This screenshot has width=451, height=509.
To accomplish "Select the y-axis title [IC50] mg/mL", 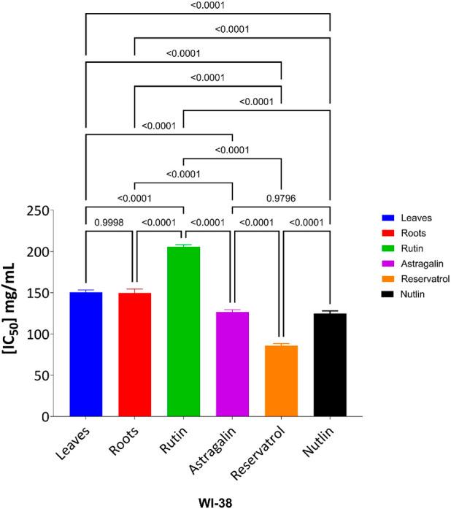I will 15,313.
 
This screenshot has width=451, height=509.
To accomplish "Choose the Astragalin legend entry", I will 419,263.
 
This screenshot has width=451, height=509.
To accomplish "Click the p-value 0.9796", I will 281,197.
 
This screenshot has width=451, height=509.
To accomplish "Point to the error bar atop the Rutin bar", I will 183,245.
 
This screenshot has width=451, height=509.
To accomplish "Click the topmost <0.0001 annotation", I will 208,6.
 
